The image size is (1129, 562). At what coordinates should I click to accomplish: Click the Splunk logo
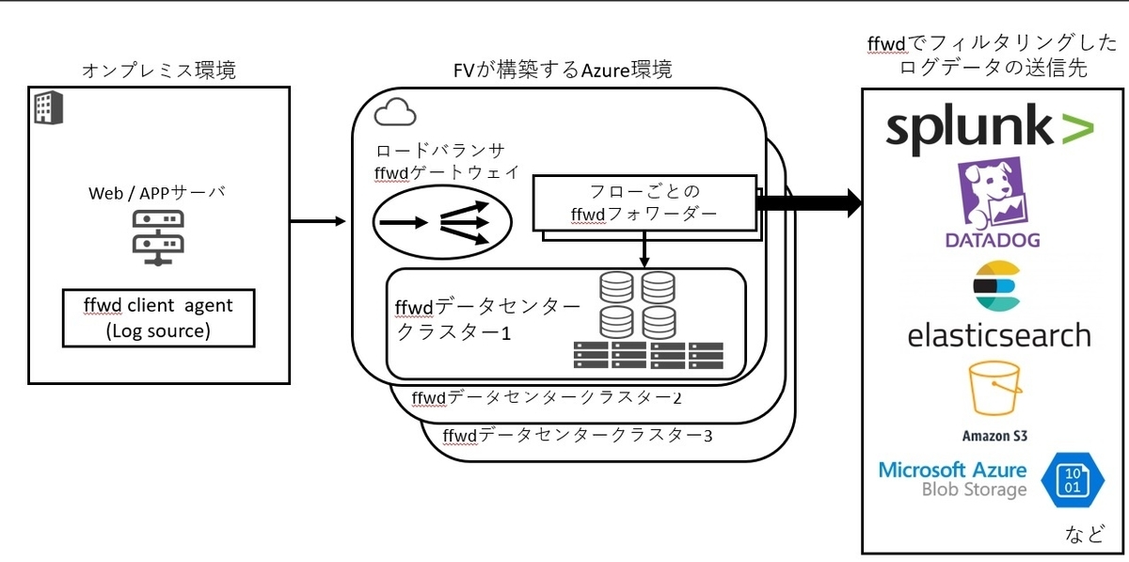[990, 129]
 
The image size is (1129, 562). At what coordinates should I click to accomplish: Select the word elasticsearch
[999, 335]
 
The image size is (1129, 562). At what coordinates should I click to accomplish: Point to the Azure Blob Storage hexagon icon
[1073, 480]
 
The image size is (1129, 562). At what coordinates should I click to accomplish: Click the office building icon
[48, 107]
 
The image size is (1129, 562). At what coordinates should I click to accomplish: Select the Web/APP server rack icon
[158, 238]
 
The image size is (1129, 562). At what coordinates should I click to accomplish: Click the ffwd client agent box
[159, 318]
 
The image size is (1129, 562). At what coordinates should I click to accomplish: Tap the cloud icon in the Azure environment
[395, 112]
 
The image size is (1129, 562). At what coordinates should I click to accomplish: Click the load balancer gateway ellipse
[442, 222]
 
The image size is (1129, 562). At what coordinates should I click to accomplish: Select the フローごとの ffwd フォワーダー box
[644, 202]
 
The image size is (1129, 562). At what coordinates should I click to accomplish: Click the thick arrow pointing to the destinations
[810, 202]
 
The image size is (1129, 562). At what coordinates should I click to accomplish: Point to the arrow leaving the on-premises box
[318, 221]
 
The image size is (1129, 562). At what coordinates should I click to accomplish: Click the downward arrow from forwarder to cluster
[644, 249]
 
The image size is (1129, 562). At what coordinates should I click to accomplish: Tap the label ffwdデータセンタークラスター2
[547, 397]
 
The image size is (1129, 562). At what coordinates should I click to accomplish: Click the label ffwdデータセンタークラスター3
[578, 435]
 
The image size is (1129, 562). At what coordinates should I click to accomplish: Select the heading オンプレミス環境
[159, 70]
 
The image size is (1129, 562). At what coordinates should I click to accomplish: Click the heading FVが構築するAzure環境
[563, 70]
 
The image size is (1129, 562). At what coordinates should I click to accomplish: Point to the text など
[1085, 533]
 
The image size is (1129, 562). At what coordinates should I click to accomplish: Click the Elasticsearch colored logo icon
[997, 285]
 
